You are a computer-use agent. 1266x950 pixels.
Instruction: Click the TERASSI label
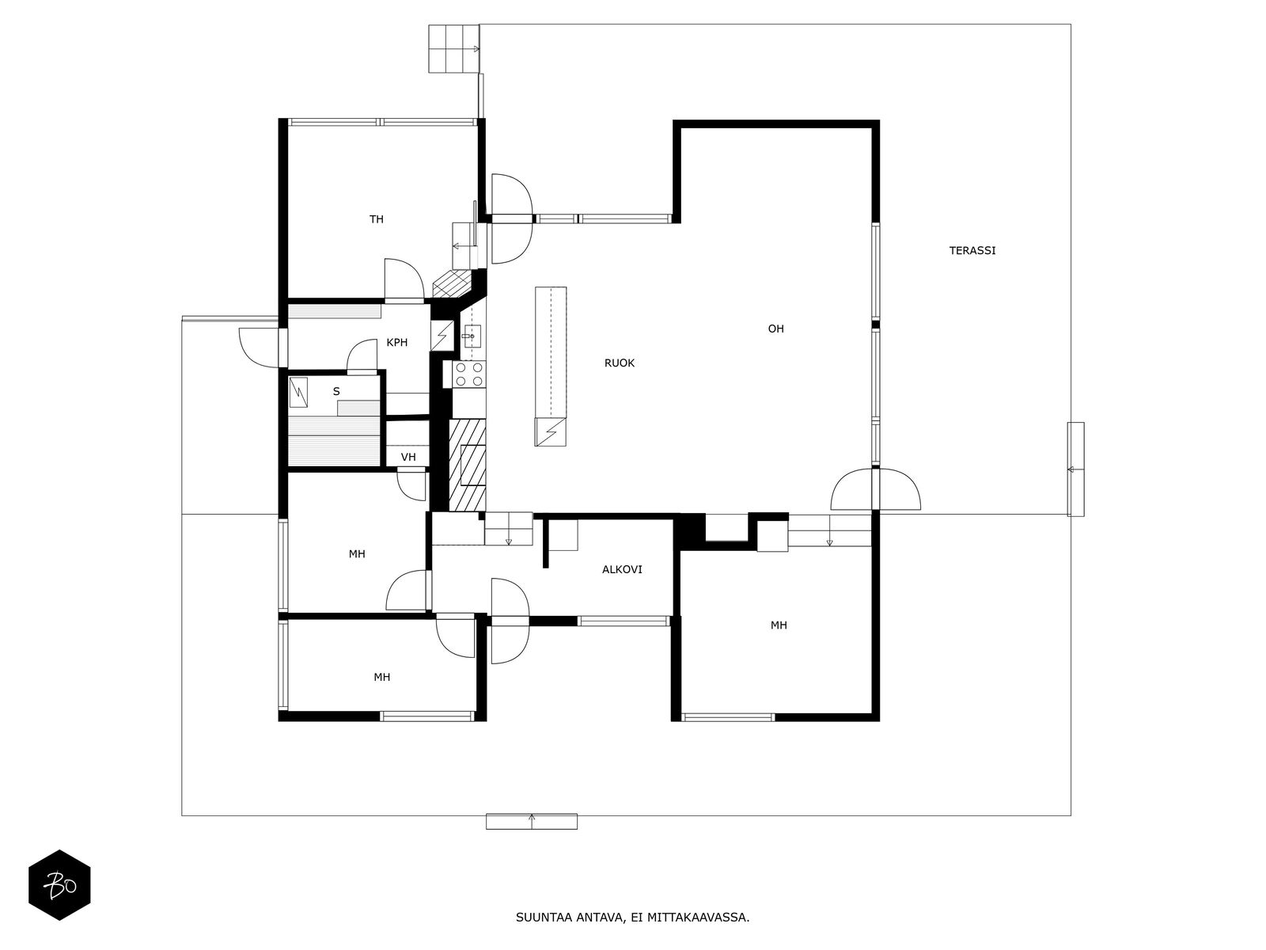(x=972, y=250)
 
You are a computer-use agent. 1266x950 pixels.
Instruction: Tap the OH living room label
(x=775, y=329)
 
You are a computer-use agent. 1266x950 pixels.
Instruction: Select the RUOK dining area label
(x=620, y=363)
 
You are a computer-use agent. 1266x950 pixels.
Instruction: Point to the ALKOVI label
(x=622, y=569)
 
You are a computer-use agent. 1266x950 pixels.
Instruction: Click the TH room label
(x=377, y=219)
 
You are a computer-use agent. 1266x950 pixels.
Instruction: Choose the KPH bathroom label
(x=397, y=343)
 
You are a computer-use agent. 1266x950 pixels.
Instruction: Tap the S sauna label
(x=336, y=392)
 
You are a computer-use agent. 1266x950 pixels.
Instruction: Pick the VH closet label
(x=408, y=458)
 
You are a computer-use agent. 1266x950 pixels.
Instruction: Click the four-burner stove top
(x=468, y=374)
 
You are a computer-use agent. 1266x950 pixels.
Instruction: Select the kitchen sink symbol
(x=472, y=335)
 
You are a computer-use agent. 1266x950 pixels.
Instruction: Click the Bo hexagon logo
(x=59, y=885)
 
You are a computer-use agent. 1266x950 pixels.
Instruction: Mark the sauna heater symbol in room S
(x=299, y=393)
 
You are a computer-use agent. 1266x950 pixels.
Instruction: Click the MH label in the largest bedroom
(x=779, y=625)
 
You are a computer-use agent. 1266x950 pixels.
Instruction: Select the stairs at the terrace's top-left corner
(x=454, y=48)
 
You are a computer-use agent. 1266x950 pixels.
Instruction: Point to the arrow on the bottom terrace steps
(x=532, y=818)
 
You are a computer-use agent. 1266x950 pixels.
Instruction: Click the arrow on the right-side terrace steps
(x=1071, y=469)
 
